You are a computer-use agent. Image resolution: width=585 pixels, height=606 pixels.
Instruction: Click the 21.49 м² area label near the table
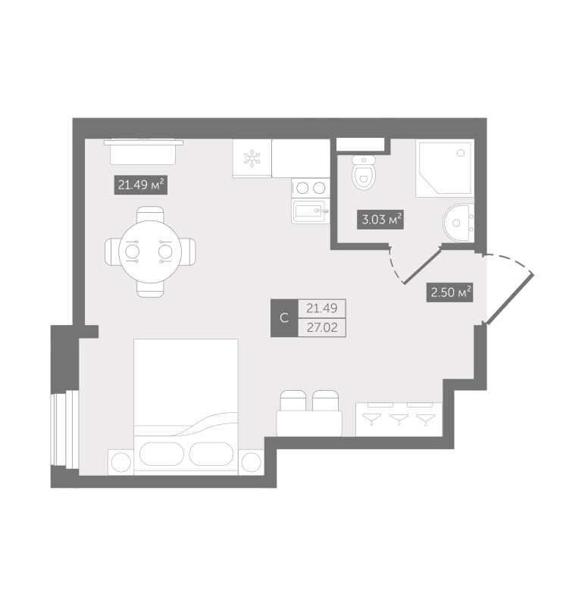(140, 184)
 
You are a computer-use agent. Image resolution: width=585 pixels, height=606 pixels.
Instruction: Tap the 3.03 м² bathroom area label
(379, 220)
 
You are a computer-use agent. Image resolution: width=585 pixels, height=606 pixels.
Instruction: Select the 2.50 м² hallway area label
(450, 292)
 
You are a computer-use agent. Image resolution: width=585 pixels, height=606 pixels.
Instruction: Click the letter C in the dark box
(284, 318)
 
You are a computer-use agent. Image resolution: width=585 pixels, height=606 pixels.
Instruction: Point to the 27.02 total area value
(321, 328)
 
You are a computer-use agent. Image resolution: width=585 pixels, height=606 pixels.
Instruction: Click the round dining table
(149, 250)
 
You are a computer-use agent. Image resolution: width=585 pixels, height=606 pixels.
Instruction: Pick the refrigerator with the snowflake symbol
(252, 158)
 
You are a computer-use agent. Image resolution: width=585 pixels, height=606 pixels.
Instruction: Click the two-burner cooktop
(310, 188)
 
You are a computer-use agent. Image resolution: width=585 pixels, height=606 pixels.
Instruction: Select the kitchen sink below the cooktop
(310, 212)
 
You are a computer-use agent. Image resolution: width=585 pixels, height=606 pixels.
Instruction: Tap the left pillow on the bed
(161, 454)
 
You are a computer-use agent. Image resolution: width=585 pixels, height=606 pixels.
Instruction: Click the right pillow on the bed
(211, 454)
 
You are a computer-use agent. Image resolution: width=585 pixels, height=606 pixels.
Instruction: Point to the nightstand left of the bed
(120, 461)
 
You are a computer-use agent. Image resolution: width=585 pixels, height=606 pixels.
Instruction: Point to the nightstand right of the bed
(250, 461)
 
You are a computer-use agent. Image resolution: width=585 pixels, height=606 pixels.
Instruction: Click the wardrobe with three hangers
(399, 418)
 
